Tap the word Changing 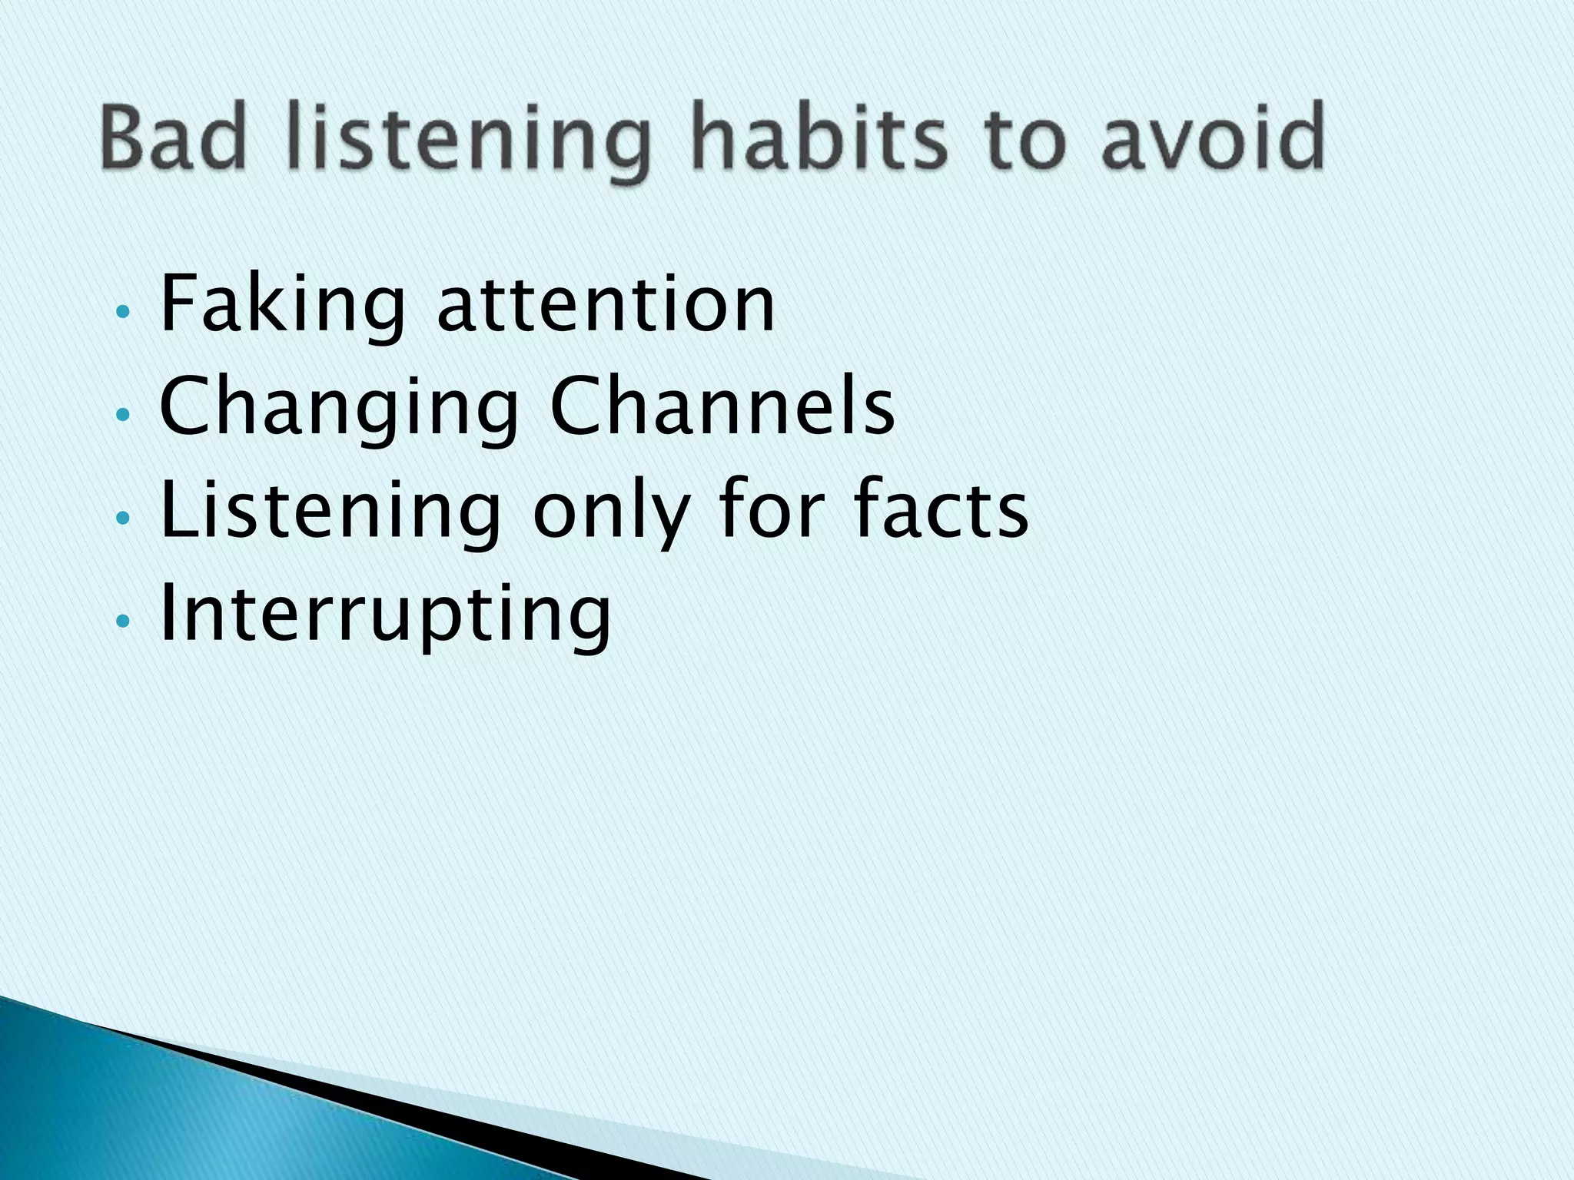339,411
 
